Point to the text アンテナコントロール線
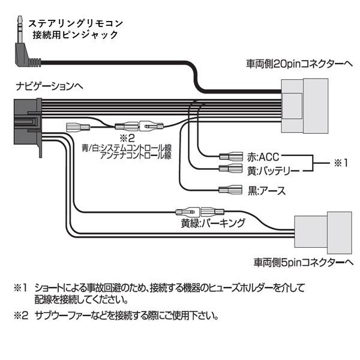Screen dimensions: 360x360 tap(136, 155)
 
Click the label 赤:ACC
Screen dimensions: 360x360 tap(260, 155)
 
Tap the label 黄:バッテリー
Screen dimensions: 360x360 tap(273, 170)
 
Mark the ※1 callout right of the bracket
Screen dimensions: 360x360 tap(341, 162)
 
